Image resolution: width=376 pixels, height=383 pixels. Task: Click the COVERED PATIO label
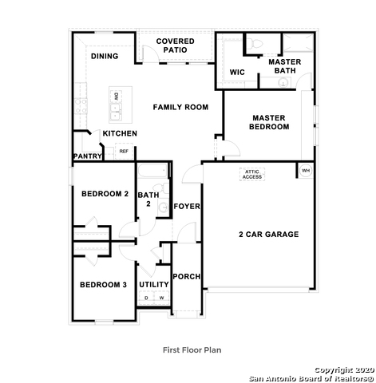(175, 45)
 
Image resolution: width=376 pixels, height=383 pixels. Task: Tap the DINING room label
(104, 57)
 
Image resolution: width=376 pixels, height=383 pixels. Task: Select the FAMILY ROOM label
(180, 106)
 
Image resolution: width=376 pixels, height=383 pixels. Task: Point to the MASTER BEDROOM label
(268, 122)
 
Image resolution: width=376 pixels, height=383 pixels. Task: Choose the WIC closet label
(236, 73)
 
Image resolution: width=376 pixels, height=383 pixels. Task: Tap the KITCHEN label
(120, 133)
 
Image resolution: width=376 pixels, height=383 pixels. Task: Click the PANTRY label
(87, 156)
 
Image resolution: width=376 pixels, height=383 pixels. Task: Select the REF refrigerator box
(124, 151)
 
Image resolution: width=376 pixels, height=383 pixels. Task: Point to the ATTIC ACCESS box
(252, 174)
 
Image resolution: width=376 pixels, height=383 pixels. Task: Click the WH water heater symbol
(305, 171)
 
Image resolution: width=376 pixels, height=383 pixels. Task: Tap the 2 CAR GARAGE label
(268, 234)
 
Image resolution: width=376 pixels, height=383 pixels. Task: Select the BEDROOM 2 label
(105, 194)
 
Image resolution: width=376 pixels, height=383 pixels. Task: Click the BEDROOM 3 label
(102, 285)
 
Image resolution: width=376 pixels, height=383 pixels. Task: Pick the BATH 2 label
(148, 199)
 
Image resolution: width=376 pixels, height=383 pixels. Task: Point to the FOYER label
(187, 207)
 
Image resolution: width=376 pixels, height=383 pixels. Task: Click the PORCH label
(187, 277)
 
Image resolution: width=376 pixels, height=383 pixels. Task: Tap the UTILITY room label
(153, 284)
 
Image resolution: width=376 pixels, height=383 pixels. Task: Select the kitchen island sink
(116, 104)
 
